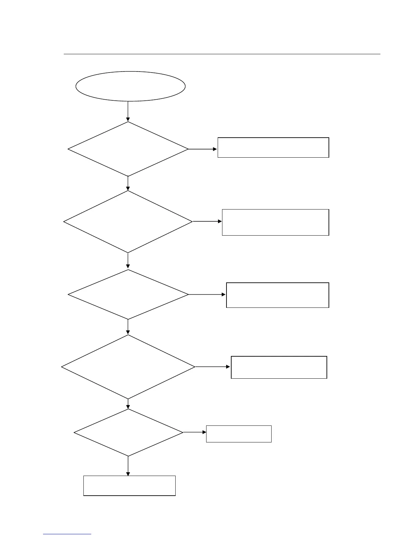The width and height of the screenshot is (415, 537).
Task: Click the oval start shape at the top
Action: (130, 86)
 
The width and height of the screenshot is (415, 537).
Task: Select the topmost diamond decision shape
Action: (128, 149)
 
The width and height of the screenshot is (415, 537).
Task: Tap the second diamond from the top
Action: (128, 222)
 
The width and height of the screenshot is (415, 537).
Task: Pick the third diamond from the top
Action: (128, 295)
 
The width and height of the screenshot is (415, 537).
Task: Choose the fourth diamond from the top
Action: (128, 367)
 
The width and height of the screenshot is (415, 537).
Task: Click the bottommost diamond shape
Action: (128, 433)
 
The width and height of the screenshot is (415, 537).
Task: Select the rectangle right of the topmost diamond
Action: (273, 147)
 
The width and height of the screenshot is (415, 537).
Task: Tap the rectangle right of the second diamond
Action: (275, 222)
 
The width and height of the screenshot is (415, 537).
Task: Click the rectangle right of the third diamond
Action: (277, 295)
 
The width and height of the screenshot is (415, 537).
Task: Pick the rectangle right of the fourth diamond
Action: (279, 367)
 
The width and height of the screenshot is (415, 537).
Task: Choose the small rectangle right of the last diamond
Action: (239, 434)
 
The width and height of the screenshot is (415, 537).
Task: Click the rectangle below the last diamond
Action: (129, 486)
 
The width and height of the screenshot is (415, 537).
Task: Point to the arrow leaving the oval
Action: (128, 111)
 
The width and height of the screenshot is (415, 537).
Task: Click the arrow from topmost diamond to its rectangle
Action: (203, 149)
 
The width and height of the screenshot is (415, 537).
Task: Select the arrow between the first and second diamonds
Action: (128, 183)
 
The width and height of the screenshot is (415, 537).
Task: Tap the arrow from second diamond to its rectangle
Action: (207, 221)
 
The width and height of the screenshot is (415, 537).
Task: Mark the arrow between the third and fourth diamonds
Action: (128, 327)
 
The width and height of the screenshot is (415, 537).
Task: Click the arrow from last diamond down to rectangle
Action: (128, 466)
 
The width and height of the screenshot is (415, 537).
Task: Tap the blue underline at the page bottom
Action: (67, 534)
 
